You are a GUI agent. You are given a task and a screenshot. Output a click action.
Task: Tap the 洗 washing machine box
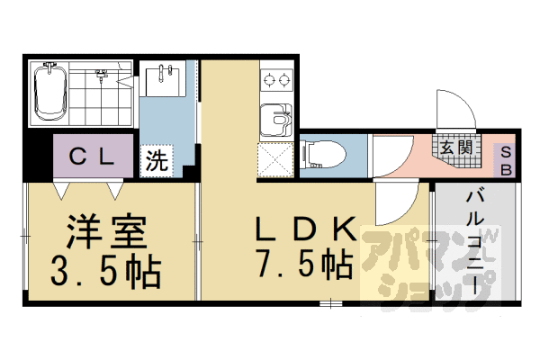157,163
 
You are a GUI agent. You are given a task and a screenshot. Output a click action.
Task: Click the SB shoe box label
506,161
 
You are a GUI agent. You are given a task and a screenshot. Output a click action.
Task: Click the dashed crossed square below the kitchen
276,160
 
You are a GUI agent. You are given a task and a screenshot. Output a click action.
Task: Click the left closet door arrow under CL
62,190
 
